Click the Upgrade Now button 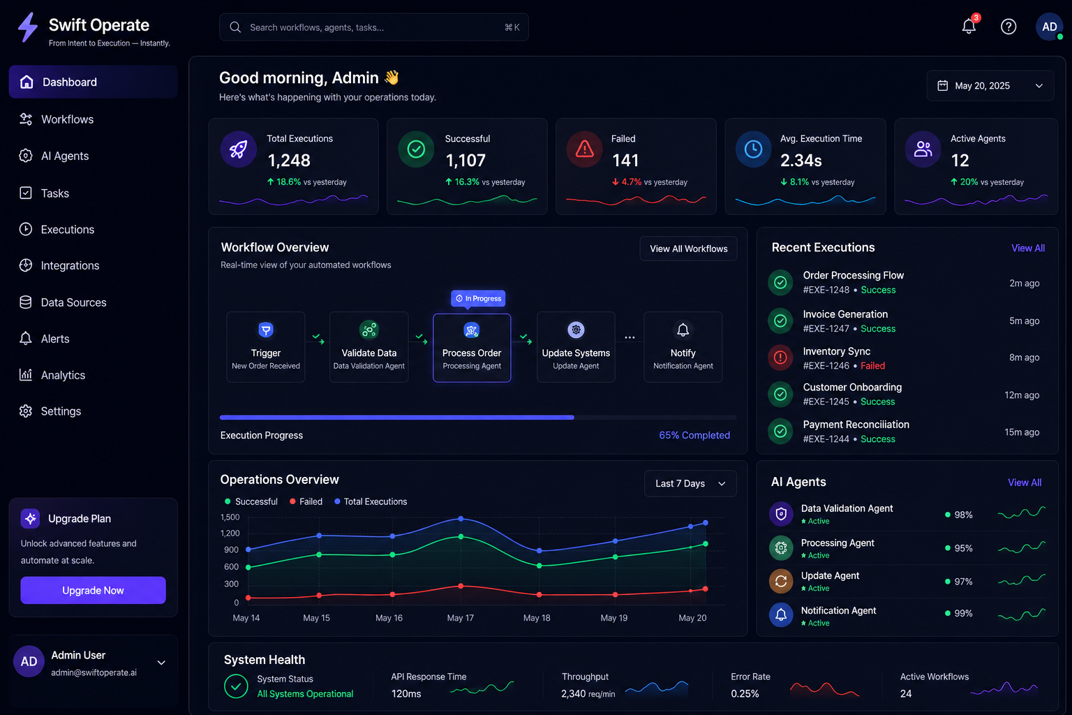click(x=93, y=590)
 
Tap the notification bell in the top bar click(x=969, y=26)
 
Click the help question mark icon click(x=1008, y=27)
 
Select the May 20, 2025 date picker click(x=990, y=86)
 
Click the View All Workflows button click(x=688, y=249)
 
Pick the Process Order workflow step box click(x=472, y=348)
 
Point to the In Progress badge click(x=478, y=298)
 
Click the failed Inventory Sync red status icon click(x=780, y=357)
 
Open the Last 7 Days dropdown click(x=690, y=483)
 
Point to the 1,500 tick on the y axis click(x=230, y=517)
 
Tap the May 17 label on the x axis click(x=461, y=618)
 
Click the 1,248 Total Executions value click(x=289, y=160)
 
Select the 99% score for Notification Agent click(x=963, y=613)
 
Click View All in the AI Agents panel click(x=1025, y=482)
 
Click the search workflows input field click(x=374, y=27)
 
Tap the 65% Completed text click(x=694, y=435)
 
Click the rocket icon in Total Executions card click(x=238, y=149)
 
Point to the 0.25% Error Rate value click(x=745, y=693)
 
